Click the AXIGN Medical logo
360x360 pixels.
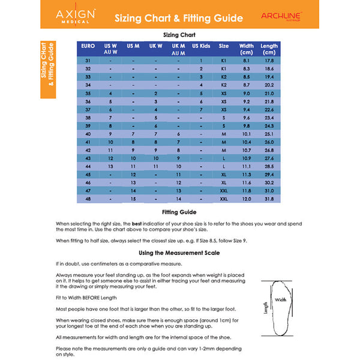(74, 16)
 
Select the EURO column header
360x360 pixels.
(88, 46)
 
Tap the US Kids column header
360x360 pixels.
(201, 46)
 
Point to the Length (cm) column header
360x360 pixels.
(269, 49)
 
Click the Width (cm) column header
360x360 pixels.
(246, 49)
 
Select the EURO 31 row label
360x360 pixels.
(88, 61)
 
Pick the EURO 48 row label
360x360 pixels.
(88, 199)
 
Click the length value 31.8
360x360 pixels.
(269, 199)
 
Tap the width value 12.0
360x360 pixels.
(246, 199)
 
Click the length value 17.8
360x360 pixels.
(269, 61)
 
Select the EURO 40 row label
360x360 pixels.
(88, 134)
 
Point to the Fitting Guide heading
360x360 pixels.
(179, 212)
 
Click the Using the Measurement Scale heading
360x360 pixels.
(179, 253)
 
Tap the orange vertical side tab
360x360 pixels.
(48, 69)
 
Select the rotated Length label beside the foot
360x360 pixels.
(266, 308)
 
